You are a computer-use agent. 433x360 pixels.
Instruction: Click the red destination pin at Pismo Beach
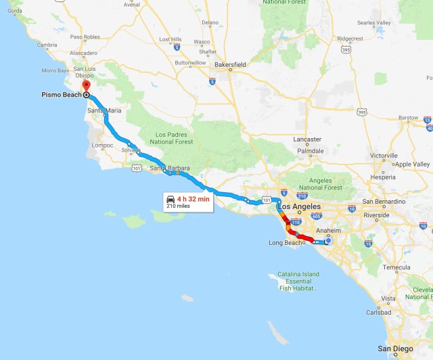(86, 87)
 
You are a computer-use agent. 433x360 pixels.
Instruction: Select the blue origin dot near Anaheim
(328, 240)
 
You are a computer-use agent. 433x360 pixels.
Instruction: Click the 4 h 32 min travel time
(193, 199)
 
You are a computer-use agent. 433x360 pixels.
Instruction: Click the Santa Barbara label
(170, 168)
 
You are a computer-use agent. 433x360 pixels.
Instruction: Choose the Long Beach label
(287, 242)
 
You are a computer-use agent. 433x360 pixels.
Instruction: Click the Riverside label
(376, 215)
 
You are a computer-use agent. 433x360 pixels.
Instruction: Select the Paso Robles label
(85, 36)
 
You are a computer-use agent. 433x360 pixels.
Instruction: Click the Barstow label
(408, 118)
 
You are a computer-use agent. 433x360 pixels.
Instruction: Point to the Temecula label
(390, 267)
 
